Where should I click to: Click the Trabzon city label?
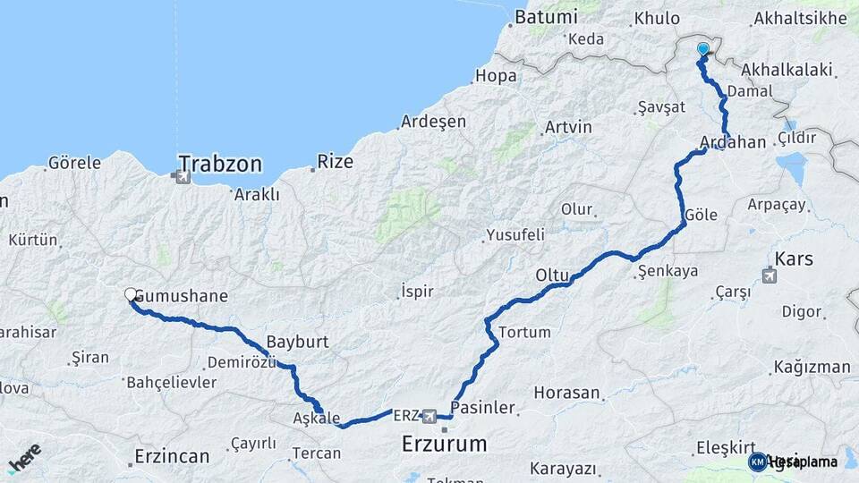[x=219, y=164]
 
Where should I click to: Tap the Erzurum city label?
[x=445, y=443]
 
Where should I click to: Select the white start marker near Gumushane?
[x=131, y=294]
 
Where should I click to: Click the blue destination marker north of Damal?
[x=703, y=50]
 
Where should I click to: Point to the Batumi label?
[x=546, y=17]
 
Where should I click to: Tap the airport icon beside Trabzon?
[x=183, y=177]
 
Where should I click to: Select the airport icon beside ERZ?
[x=430, y=416]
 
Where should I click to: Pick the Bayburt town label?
[x=298, y=342]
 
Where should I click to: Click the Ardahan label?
[x=734, y=142]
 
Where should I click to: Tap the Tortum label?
[x=524, y=332]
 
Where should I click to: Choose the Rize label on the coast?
[x=336, y=162]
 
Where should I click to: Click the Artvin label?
[x=568, y=127]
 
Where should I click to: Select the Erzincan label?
[x=172, y=456]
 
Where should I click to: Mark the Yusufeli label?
[x=515, y=236]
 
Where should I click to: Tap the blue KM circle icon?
[x=758, y=462]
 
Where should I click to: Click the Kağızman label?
[x=812, y=367]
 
